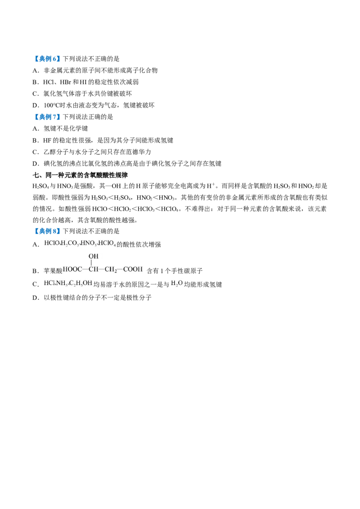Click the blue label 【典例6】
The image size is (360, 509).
[x=47, y=59]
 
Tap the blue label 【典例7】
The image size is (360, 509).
[x=47, y=117]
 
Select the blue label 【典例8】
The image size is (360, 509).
[x=47, y=231]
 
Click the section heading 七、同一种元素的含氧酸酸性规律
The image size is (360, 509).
[x=80, y=175]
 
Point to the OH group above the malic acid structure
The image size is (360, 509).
[x=93, y=256]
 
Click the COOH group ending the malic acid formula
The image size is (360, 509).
[x=133, y=269]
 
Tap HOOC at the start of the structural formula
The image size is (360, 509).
[x=72, y=269]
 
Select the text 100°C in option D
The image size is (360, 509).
[x=51, y=105]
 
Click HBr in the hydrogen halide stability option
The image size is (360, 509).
[x=66, y=82]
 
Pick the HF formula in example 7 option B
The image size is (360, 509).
[x=47, y=140]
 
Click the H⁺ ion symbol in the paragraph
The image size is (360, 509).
[x=211, y=186]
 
